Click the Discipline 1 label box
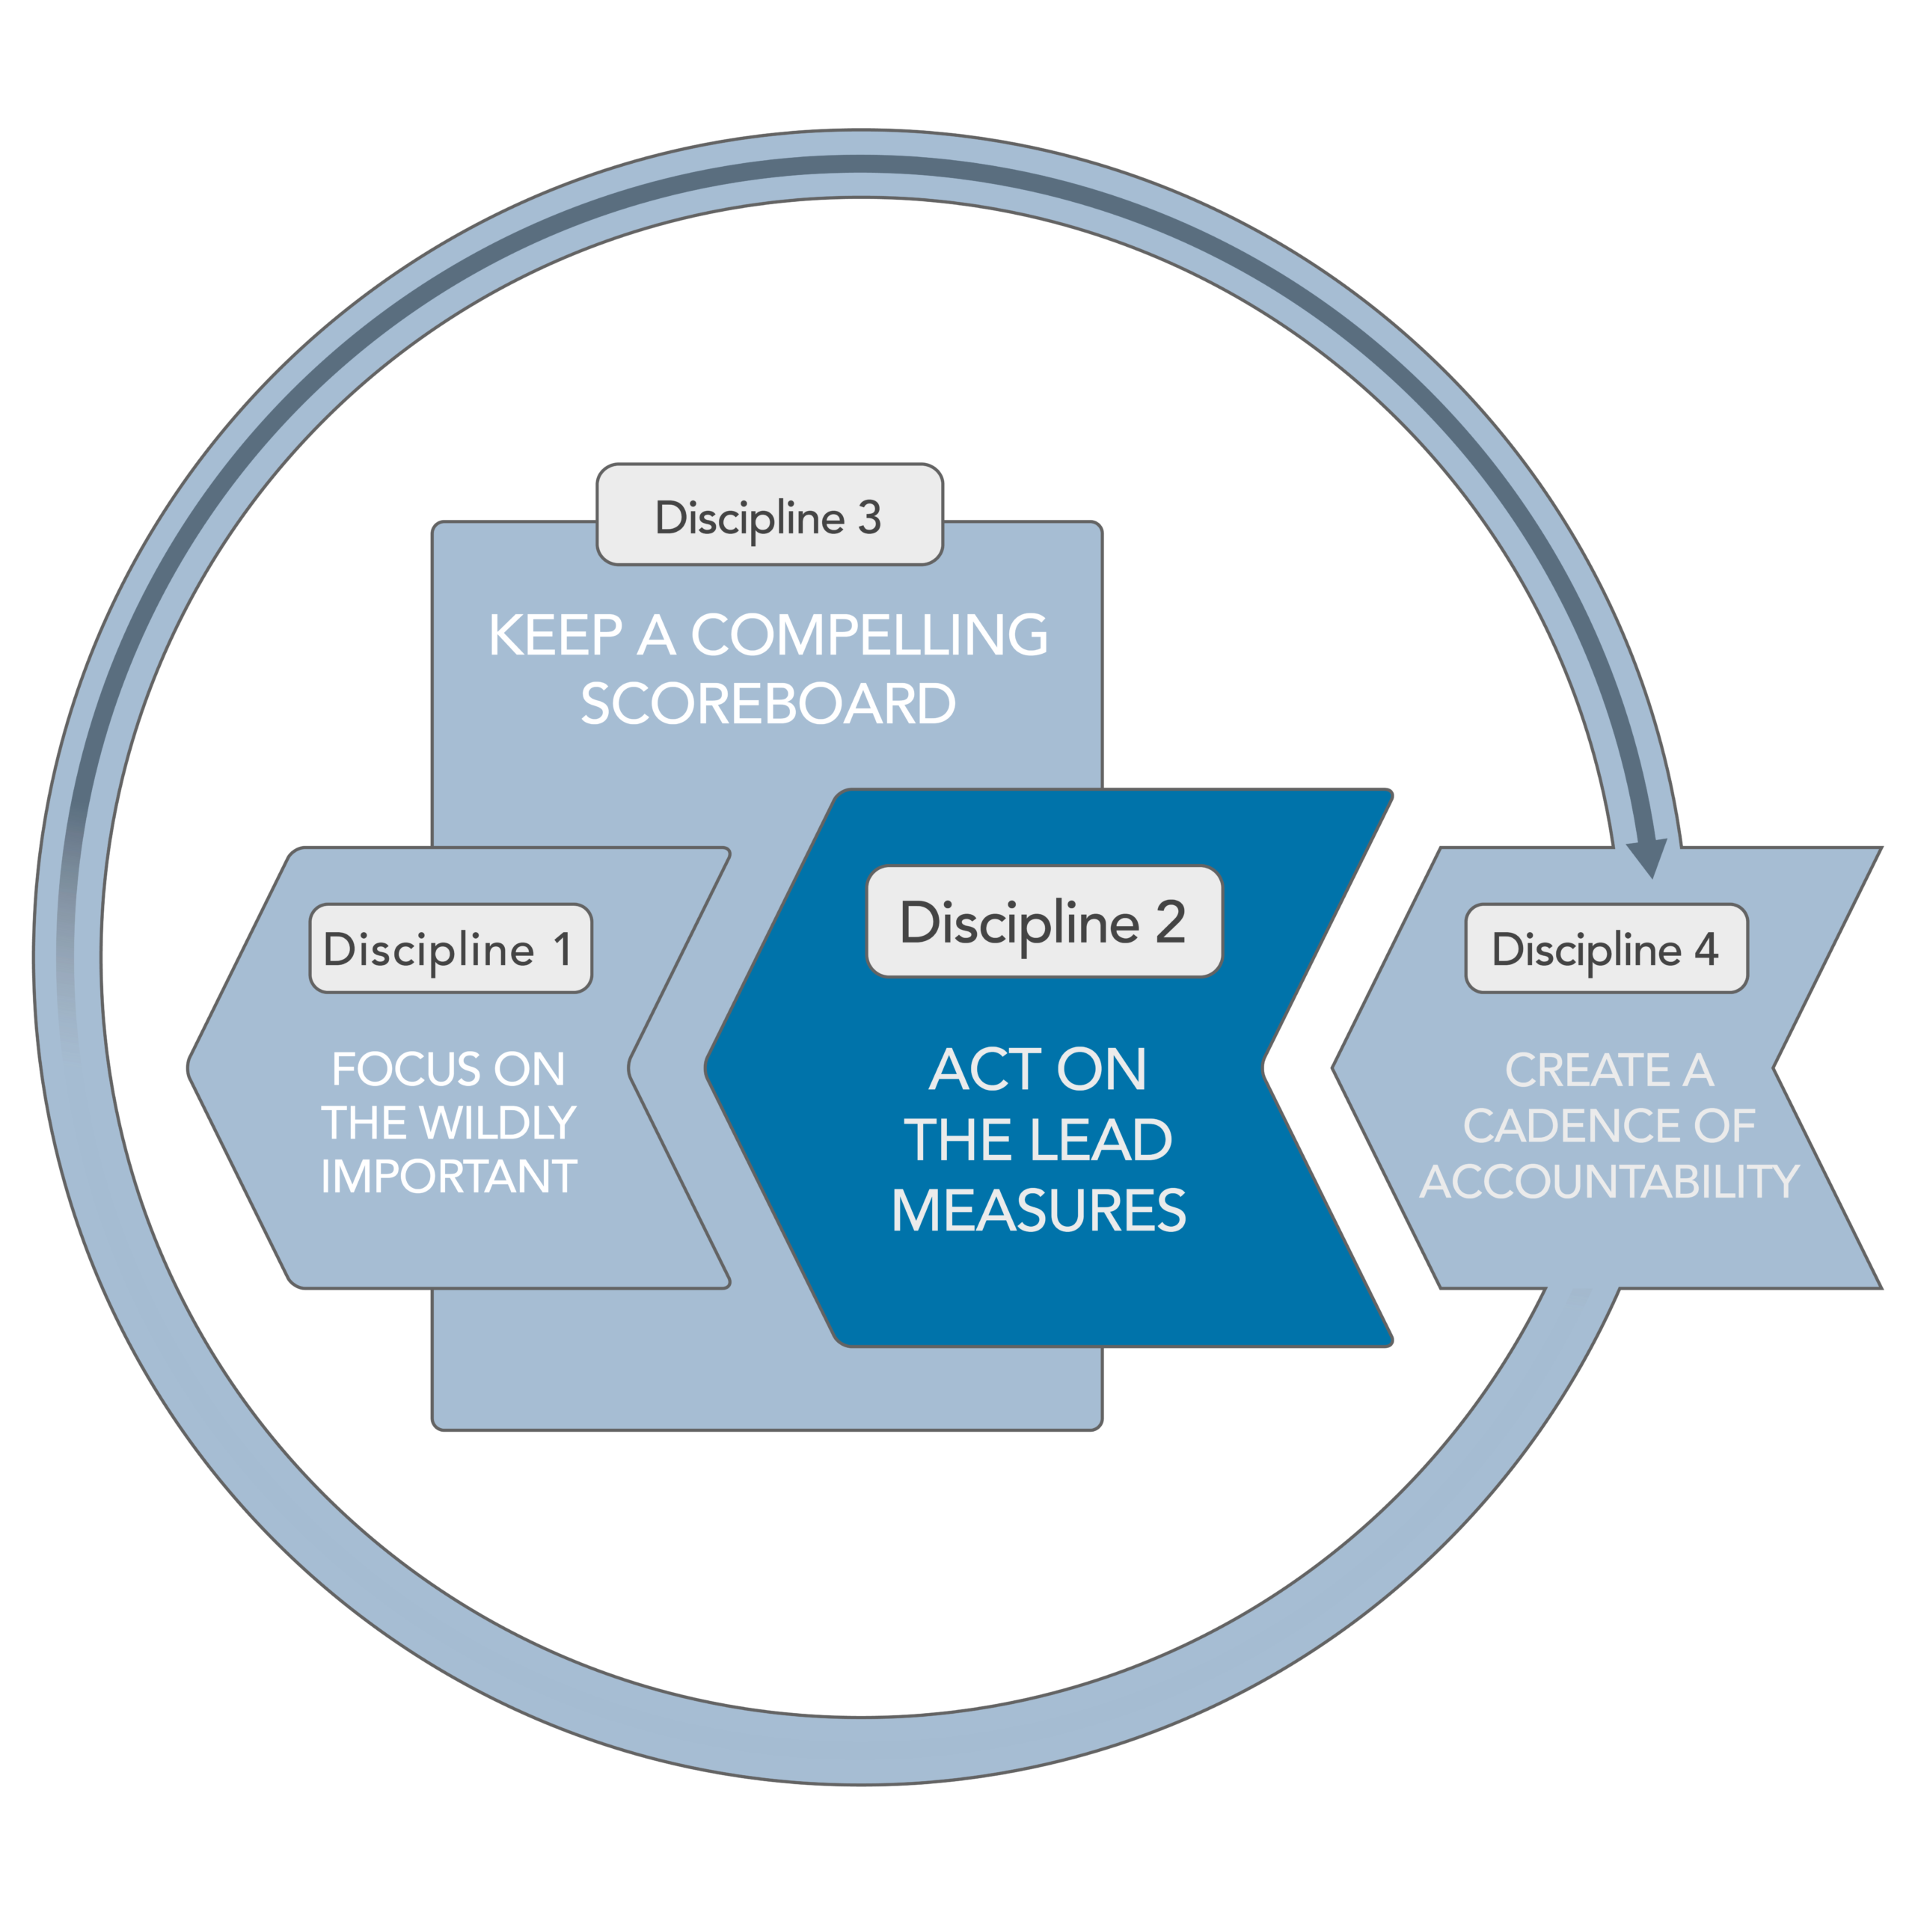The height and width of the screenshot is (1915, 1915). tap(451, 949)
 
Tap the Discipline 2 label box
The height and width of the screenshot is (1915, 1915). tap(1045, 922)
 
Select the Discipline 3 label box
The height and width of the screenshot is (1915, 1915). tap(769, 515)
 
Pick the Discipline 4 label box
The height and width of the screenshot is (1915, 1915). tap(1607, 949)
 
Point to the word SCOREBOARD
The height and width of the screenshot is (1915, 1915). tap(768, 704)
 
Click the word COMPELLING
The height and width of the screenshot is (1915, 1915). tap(869, 634)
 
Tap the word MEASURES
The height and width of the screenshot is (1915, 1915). tap(1039, 1210)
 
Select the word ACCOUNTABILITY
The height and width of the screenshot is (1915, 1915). tap(1610, 1181)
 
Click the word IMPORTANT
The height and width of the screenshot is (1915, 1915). tap(449, 1177)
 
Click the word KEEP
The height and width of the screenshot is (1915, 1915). tap(556, 634)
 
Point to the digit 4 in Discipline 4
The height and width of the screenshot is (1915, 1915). tap(1706, 949)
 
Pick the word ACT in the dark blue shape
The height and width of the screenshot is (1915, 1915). tap(985, 1070)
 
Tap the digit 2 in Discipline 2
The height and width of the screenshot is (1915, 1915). tap(1171, 922)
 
